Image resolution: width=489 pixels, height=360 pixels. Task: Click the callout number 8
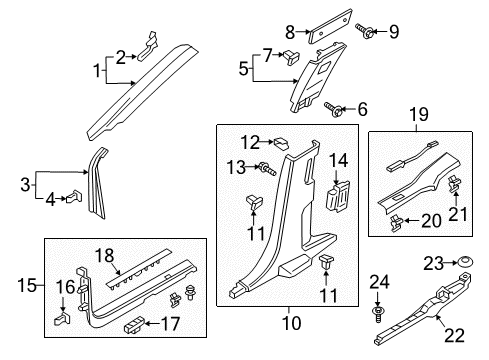(x=289, y=31)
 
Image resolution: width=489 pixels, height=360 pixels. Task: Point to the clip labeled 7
(x=291, y=55)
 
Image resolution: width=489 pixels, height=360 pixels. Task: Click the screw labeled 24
(x=377, y=319)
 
